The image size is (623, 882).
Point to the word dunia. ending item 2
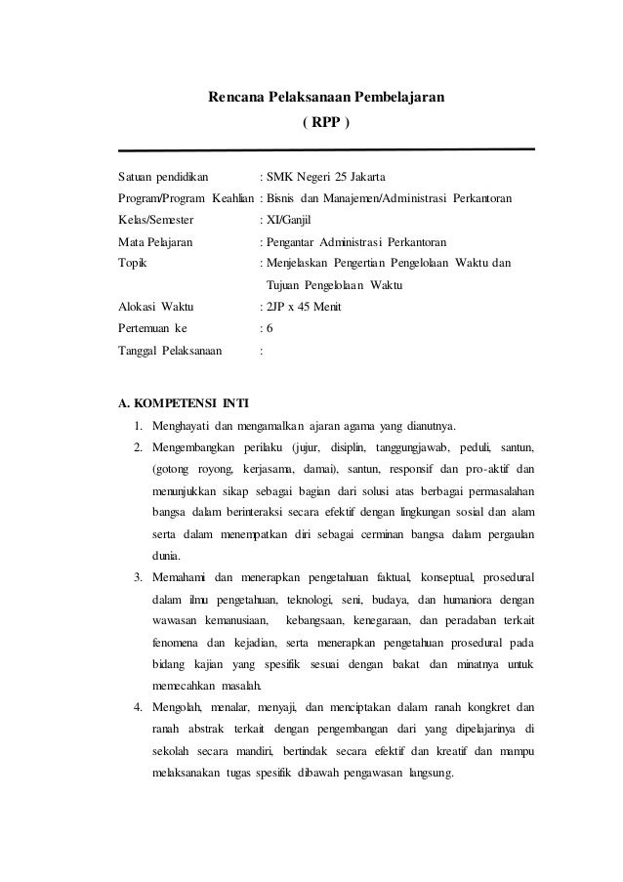click(166, 556)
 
